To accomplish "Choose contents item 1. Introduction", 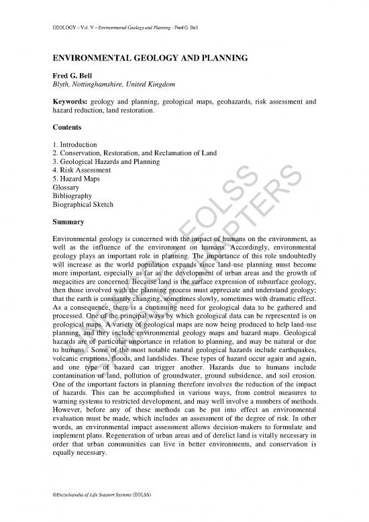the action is [x=74, y=144].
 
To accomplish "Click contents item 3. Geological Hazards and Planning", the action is [x=113, y=162].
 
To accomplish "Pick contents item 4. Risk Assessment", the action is [x=81, y=170].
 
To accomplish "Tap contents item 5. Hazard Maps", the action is [x=75, y=179].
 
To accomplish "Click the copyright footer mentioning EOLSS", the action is [x=102, y=494].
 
